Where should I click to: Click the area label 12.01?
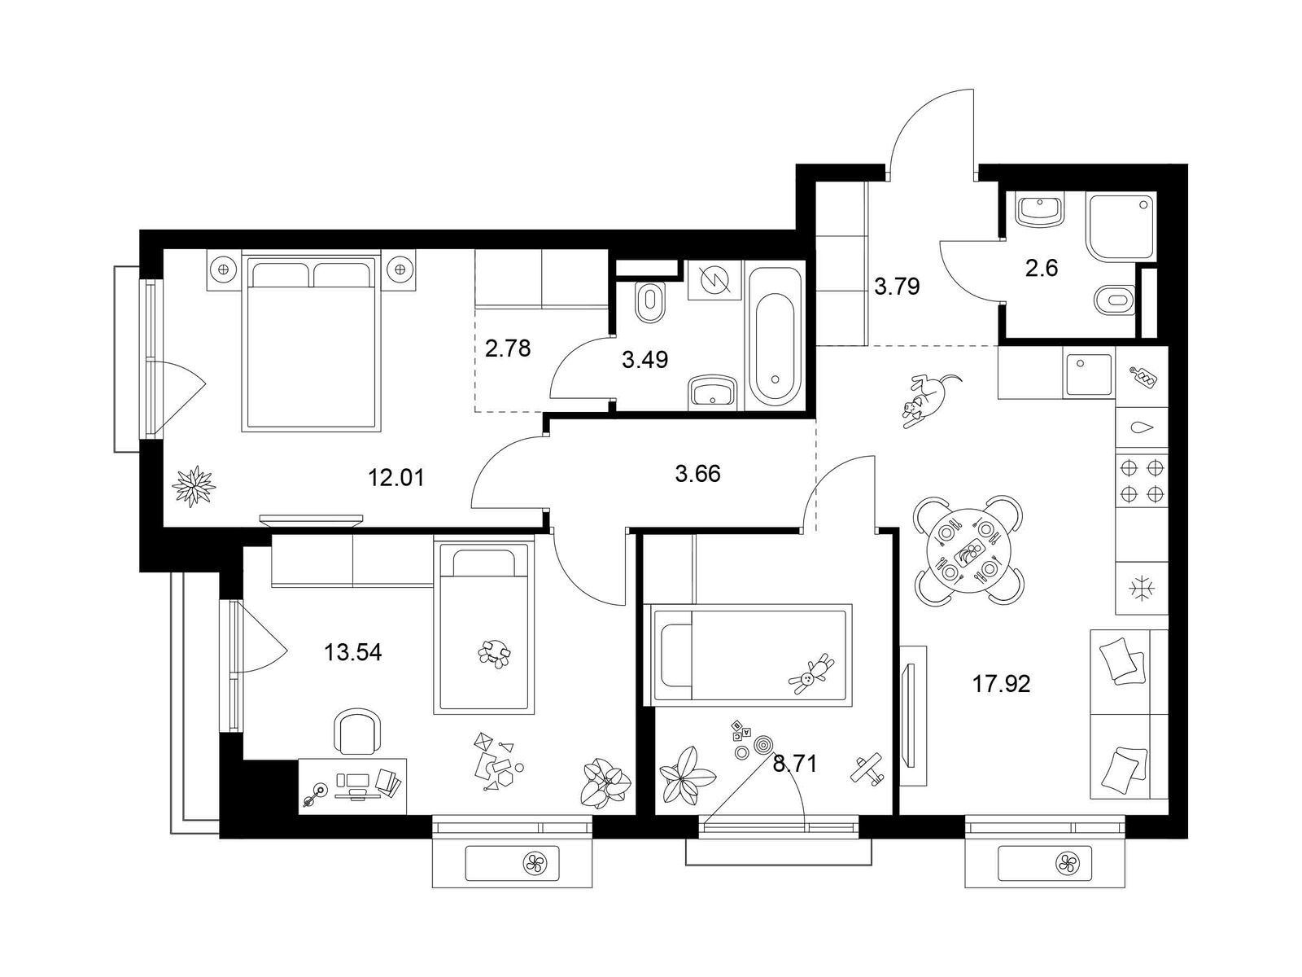pyautogui.click(x=396, y=478)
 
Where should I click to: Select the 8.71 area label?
pyautogui.click(x=795, y=764)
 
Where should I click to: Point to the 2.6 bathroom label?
pyautogui.click(x=1042, y=269)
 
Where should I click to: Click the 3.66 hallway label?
pyautogui.click(x=697, y=474)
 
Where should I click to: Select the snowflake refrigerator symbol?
pyautogui.click(x=1141, y=589)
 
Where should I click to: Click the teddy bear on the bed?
pyautogui.click(x=810, y=674)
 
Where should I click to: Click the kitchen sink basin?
pyautogui.click(x=1089, y=375)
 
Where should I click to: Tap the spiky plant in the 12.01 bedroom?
pyautogui.click(x=194, y=486)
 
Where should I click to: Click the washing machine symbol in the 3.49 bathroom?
pyautogui.click(x=714, y=278)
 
